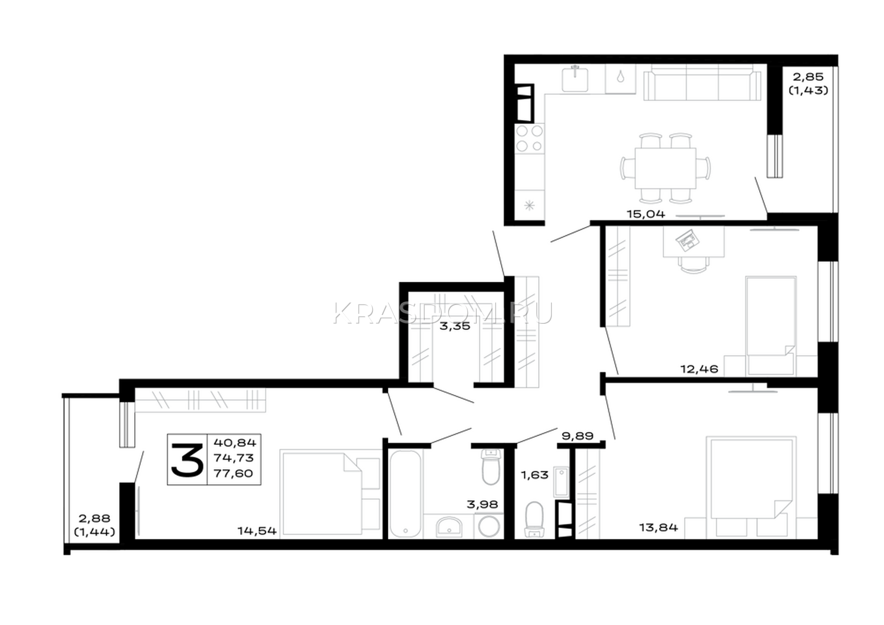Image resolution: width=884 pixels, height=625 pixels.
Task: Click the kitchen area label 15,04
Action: (x=646, y=214)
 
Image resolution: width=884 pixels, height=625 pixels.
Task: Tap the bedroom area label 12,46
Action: (x=699, y=369)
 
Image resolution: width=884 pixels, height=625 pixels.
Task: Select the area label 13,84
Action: (x=659, y=527)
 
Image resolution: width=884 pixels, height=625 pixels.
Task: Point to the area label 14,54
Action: (x=257, y=531)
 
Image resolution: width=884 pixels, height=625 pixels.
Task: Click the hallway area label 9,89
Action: (x=578, y=436)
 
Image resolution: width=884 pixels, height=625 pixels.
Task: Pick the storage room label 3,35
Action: (x=455, y=326)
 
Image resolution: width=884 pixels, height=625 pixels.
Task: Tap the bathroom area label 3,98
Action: (x=482, y=504)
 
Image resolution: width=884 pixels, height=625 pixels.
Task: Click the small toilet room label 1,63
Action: (x=535, y=475)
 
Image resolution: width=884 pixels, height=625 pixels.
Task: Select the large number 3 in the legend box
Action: (x=187, y=460)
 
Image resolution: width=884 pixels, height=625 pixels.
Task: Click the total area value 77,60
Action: (x=234, y=474)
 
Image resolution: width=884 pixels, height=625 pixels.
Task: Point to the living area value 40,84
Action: (x=235, y=443)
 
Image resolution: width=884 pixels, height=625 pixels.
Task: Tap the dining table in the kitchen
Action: (x=665, y=168)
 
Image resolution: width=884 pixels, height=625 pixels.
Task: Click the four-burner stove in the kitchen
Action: (x=530, y=139)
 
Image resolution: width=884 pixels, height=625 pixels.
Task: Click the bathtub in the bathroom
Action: (x=406, y=494)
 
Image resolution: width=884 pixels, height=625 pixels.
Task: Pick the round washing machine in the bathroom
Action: (x=489, y=526)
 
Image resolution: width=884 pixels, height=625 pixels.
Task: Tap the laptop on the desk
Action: (x=687, y=240)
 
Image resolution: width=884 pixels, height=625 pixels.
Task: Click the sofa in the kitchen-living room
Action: (x=702, y=85)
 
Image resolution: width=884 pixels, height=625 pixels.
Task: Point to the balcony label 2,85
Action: (x=809, y=77)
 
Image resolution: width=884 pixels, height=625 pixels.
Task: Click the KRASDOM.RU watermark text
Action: (x=443, y=313)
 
